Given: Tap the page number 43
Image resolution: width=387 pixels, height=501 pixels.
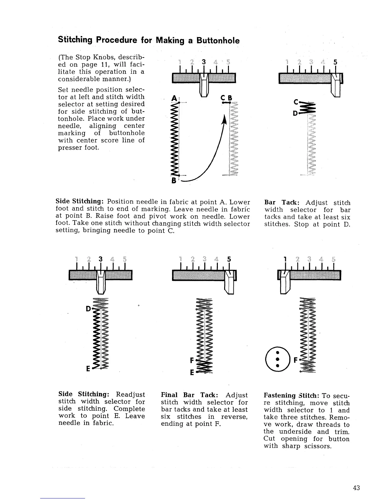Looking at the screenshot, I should click(356, 488).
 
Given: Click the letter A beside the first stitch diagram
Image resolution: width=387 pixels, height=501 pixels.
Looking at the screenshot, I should click(173, 99).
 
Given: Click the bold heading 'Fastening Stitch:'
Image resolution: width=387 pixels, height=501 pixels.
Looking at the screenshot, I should click(291, 396).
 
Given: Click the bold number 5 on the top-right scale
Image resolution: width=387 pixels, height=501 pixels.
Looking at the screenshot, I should click(336, 62).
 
